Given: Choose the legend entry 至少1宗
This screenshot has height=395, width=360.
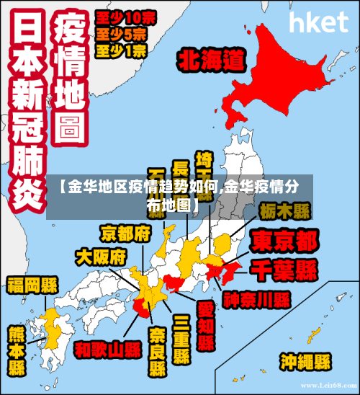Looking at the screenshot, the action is coord(121,50).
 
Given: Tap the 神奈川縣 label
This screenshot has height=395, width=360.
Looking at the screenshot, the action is coord(256,298).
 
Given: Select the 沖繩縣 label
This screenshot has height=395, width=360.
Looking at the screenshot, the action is coord(305,360).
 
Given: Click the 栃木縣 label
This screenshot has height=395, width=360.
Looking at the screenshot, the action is coord(284,211).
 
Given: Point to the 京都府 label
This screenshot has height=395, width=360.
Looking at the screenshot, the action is coord(125,233).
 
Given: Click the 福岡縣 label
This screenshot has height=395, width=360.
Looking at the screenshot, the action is coord(32,283).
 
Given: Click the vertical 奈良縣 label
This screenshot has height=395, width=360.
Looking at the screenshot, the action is coord(158,352).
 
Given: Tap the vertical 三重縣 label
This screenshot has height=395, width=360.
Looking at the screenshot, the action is coord(181,339).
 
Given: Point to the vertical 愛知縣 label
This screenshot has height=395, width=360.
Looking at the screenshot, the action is coord(205,326).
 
